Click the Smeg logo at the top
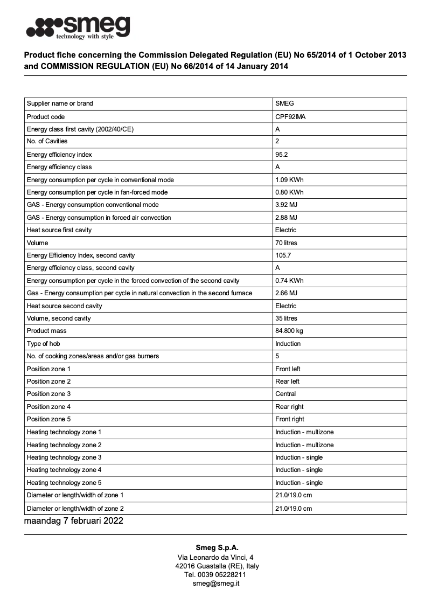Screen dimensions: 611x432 79,26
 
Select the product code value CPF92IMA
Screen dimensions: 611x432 290,116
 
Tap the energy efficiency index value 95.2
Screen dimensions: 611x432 282,155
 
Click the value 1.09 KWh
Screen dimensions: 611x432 289,180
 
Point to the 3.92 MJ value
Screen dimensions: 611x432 286,205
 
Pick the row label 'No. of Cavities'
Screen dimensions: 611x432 47,141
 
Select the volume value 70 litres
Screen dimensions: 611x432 286,243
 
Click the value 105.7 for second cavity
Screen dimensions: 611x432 283,255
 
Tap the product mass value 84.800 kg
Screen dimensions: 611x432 289,331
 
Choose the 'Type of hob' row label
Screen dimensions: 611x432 43,344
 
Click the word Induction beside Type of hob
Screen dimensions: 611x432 288,344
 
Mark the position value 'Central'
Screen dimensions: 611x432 285,394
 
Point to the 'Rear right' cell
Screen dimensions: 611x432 289,407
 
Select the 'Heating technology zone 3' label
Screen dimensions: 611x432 64,457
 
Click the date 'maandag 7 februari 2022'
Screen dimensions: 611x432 74,521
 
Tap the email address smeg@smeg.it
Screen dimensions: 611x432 216,584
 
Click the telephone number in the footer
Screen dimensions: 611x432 215,575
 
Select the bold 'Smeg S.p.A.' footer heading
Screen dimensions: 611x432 217,548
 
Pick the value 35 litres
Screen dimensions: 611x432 286,318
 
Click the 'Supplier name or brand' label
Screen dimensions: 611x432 60,103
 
